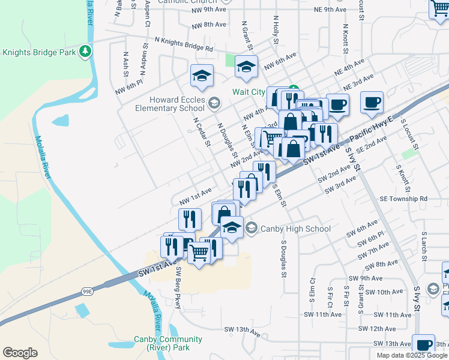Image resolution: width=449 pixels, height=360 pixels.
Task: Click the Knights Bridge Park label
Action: (39, 52)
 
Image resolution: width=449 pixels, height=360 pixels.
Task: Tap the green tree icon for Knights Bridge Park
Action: (86, 52)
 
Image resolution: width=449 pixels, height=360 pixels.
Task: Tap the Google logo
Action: (20, 353)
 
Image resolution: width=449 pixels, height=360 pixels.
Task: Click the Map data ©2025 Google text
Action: (412, 355)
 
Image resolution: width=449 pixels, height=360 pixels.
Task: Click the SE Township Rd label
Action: (403, 199)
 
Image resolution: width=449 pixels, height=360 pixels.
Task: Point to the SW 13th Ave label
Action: (243, 330)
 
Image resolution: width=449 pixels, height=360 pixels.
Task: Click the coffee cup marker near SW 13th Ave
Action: (424, 345)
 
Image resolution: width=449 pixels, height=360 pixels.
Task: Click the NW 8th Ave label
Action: (209, 25)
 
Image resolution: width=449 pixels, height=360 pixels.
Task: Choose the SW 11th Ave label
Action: (322, 314)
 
